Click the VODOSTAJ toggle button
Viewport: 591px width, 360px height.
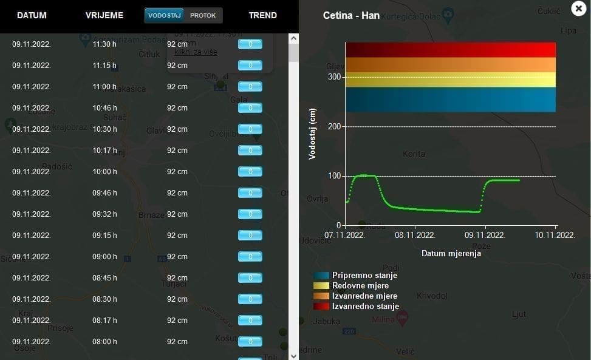(165, 15)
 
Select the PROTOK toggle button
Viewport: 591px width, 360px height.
(203, 15)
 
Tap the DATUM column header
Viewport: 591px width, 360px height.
(32, 15)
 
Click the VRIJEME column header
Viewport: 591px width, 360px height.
(104, 15)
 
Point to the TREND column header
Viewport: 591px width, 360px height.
(262, 15)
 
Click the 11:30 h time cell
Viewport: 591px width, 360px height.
(104, 44)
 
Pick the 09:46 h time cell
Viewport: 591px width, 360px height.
(104, 193)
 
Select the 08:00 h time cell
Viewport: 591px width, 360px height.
(104, 342)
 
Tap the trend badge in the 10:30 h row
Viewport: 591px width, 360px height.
(250, 129)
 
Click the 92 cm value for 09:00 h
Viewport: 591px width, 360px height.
(177, 257)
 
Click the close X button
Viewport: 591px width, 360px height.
(578, 8)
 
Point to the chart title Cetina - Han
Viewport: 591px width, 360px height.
(351, 15)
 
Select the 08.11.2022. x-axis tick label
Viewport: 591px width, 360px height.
(415, 235)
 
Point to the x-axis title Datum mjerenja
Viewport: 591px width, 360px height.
(451, 254)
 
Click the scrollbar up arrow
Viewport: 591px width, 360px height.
(293, 38)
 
